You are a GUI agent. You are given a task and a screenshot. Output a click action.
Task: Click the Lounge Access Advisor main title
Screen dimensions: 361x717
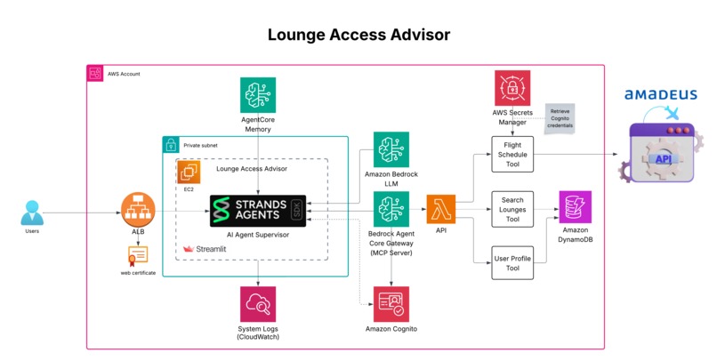(x=358, y=34)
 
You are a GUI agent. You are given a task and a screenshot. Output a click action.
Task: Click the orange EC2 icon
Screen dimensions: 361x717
(x=189, y=173)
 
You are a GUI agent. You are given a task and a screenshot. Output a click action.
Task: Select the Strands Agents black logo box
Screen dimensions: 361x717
(x=258, y=212)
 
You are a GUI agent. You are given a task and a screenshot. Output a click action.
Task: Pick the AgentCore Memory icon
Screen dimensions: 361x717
(x=258, y=94)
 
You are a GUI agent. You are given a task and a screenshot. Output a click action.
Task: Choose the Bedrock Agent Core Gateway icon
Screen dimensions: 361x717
(x=391, y=210)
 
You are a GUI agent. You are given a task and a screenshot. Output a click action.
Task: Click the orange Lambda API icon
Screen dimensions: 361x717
(x=441, y=211)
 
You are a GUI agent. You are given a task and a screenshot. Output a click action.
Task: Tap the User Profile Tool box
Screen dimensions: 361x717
(x=512, y=263)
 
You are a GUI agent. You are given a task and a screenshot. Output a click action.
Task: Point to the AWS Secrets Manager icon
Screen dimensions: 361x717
(x=512, y=88)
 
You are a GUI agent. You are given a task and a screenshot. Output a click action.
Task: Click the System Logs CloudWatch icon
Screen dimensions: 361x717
(x=258, y=304)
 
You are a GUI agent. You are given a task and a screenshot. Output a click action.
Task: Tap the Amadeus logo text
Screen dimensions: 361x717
(x=660, y=94)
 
